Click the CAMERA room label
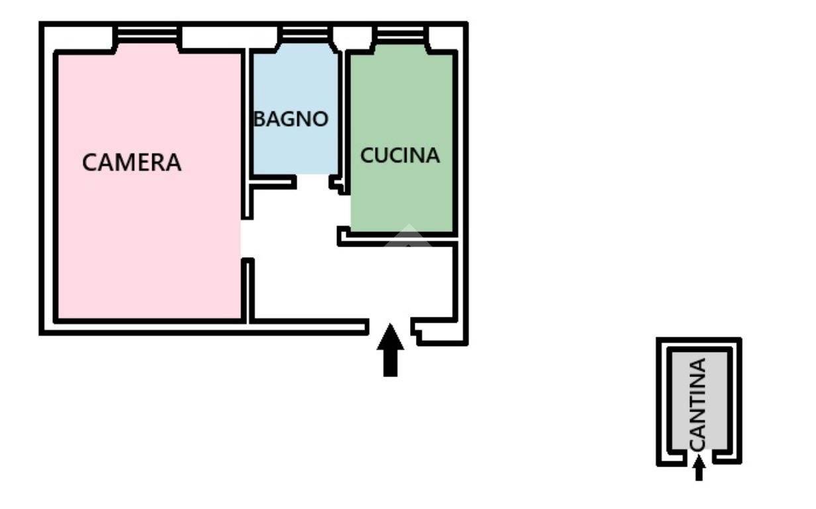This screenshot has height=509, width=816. (132, 162)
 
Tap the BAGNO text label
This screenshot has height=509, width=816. (291, 119)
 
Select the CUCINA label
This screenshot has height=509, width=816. (400, 155)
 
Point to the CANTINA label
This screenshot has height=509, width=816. (698, 404)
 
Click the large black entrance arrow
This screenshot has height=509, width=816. (390, 350)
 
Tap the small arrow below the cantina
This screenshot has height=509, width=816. (699, 468)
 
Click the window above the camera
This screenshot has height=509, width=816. (147, 34)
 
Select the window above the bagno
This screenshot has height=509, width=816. (305, 34)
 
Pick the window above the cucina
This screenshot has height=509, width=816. (401, 34)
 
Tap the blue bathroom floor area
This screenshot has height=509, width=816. (295, 109)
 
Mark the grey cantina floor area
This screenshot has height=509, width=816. (699, 401)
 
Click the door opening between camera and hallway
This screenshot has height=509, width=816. (247, 239)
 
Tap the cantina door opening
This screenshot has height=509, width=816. (698, 457)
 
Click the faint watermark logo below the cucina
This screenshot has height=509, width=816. (409, 235)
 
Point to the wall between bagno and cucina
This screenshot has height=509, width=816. (342, 117)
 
